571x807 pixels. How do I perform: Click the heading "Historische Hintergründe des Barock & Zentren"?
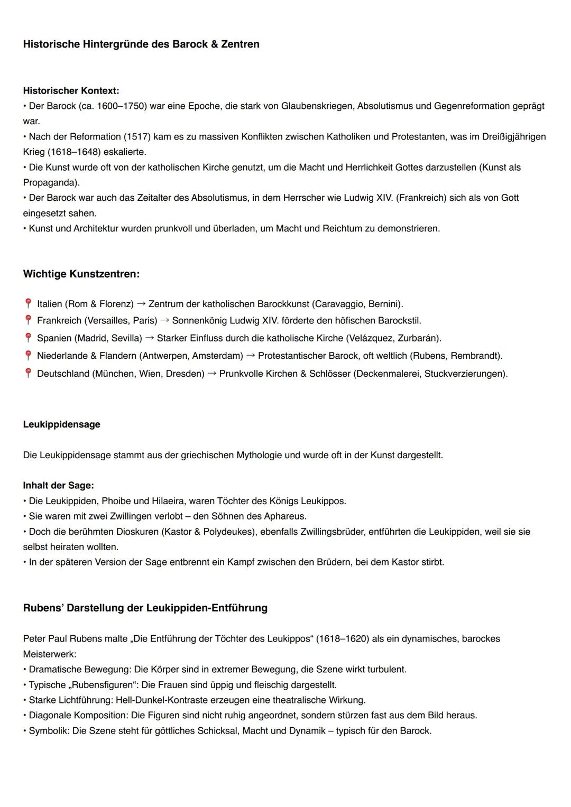tap(141, 44)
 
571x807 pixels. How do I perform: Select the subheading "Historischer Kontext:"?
tap(71, 91)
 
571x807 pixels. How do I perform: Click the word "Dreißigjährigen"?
tap(514, 137)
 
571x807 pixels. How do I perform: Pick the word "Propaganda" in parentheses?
tap(51, 183)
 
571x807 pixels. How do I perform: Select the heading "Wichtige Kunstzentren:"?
tap(81, 274)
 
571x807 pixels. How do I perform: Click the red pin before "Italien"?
tap(28, 304)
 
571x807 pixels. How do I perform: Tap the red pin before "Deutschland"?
tap(28, 374)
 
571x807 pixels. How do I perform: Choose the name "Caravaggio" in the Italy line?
tap(339, 304)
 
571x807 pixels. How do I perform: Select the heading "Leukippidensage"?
tap(61, 424)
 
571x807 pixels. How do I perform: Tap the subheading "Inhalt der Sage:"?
tap(58, 486)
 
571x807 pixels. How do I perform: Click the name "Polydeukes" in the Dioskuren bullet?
tap(228, 532)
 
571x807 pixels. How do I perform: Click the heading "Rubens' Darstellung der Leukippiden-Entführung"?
tap(145, 608)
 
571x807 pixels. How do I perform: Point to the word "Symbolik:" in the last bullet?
tap(49, 731)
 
